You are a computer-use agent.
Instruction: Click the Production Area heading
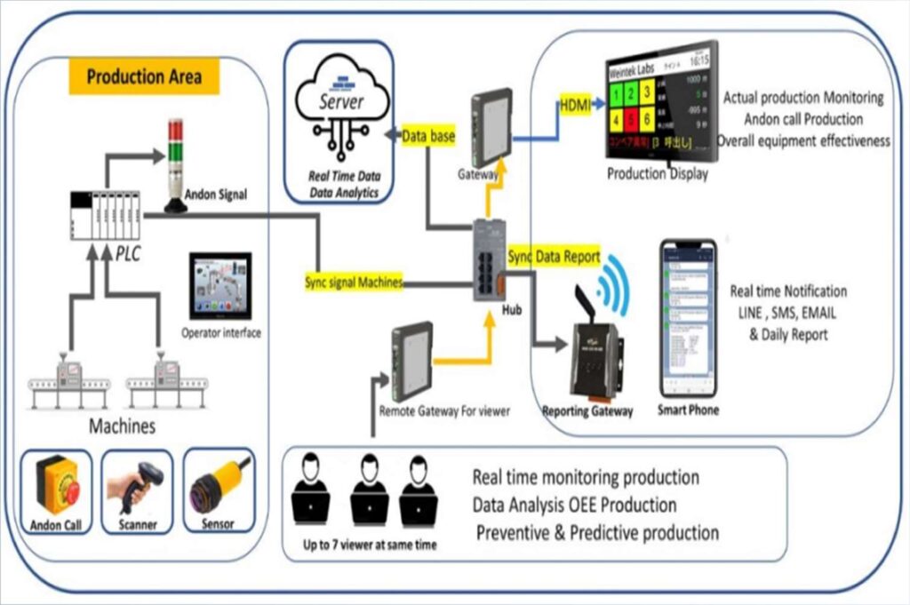[143, 77]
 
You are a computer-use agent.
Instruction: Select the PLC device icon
[104, 218]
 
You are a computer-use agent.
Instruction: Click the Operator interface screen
[220, 286]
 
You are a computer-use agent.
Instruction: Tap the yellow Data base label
[428, 133]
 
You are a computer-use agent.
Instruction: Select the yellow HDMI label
[573, 105]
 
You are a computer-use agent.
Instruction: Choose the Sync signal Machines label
[354, 283]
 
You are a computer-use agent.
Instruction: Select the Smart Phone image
[688, 317]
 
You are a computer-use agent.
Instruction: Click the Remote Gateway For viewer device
[411, 361]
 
